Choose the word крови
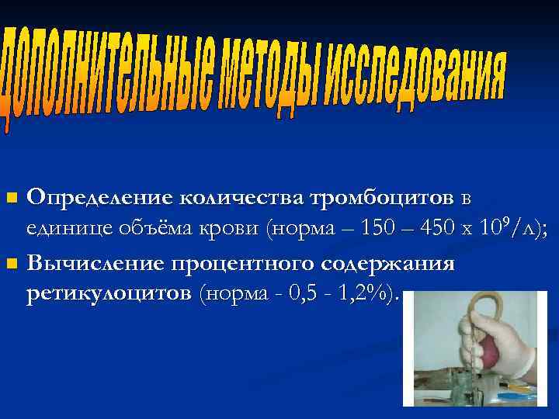pos(214,229)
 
